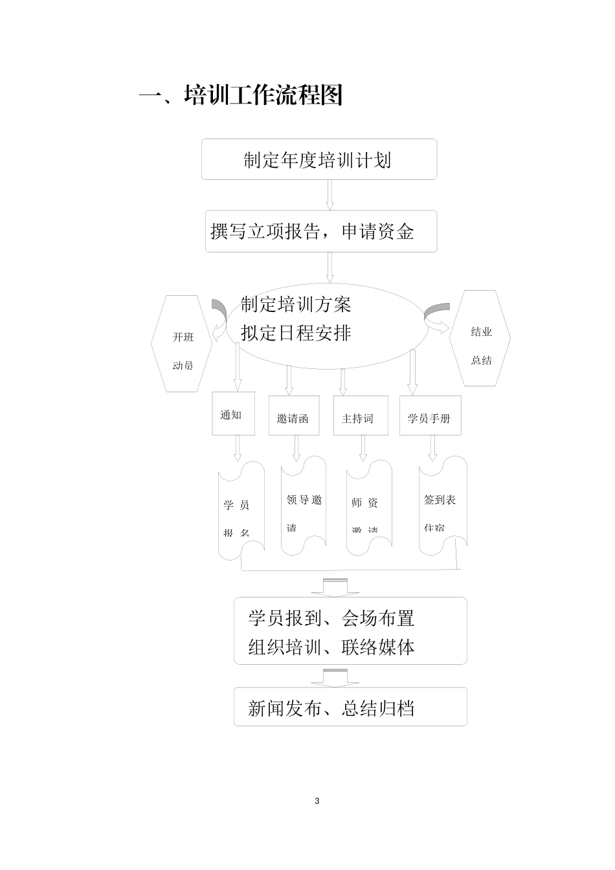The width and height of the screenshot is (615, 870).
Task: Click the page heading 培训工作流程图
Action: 241,96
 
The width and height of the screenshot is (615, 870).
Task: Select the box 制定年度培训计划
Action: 319,159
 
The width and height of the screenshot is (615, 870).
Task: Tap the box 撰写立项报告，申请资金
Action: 320,231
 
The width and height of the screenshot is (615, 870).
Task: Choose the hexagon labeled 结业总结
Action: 481,339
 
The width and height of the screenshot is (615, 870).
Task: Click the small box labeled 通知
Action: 233,414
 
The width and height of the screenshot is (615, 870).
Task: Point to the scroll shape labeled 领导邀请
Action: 303,506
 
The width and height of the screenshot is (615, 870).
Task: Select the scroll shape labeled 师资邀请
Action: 368,509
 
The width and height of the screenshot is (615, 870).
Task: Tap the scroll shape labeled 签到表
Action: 442,506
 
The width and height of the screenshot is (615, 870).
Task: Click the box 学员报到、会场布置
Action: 350,630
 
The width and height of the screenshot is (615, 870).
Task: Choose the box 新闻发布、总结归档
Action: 350,707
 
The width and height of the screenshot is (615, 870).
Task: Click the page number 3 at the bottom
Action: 317,801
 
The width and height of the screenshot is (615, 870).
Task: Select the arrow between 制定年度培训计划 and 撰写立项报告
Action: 330,194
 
